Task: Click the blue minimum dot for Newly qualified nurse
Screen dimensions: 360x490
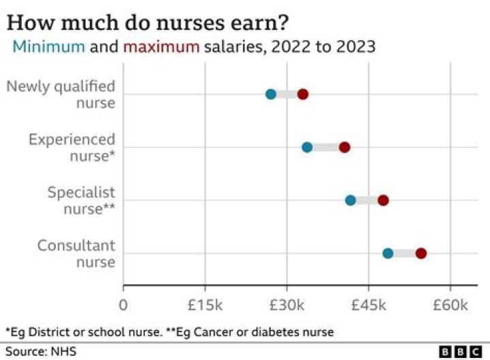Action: (x=271, y=94)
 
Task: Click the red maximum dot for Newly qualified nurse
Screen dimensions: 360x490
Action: (x=303, y=94)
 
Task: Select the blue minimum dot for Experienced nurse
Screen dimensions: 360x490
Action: (x=307, y=147)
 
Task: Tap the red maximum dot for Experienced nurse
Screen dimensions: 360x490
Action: (x=344, y=147)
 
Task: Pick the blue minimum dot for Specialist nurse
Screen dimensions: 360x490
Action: (x=350, y=200)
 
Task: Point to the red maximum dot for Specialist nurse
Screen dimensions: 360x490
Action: (x=383, y=200)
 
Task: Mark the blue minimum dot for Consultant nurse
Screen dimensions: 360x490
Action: (x=388, y=253)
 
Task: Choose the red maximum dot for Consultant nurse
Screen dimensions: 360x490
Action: (x=421, y=253)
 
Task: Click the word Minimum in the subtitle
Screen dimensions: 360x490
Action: (x=49, y=47)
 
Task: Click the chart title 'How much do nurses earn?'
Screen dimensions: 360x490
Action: (x=147, y=22)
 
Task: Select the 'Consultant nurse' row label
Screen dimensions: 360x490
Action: (x=76, y=253)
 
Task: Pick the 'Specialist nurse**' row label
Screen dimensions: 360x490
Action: (x=80, y=200)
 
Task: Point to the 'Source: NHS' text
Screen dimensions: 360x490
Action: (x=41, y=351)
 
